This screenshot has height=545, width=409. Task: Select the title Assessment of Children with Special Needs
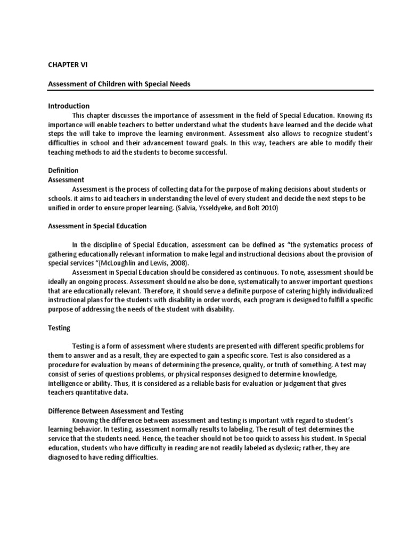tap(119, 85)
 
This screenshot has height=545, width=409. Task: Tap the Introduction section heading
tap(69, 106)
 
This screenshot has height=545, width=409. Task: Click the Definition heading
tap(64, 170)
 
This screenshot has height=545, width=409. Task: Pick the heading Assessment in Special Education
tap(97, 226)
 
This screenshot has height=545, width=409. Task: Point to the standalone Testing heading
tap(60, 328)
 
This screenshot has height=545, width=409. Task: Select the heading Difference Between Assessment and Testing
tap(116, 411)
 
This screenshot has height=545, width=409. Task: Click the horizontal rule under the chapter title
tap(211, 91)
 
